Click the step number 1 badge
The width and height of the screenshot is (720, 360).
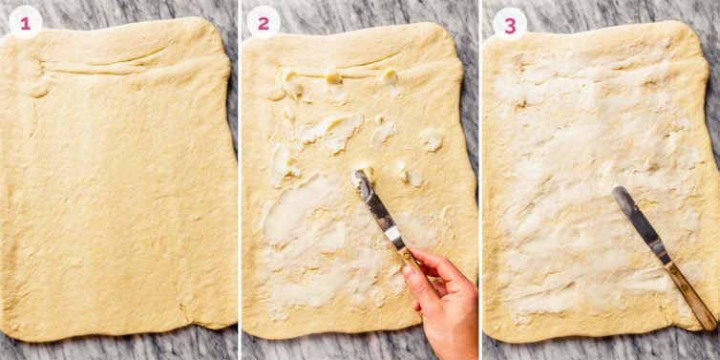[24, 22]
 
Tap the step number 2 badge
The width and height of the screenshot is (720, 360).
[264, 22]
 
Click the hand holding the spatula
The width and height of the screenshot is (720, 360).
[445, 296]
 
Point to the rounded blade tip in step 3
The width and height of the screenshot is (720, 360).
[619, 192]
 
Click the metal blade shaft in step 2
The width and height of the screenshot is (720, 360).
[382, 214]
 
